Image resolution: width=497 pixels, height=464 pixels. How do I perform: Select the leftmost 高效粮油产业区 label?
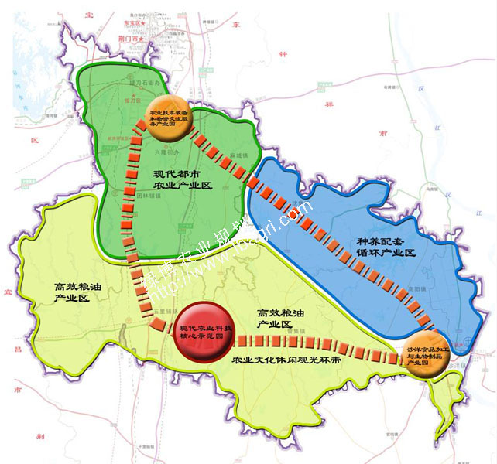[72, 292]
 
